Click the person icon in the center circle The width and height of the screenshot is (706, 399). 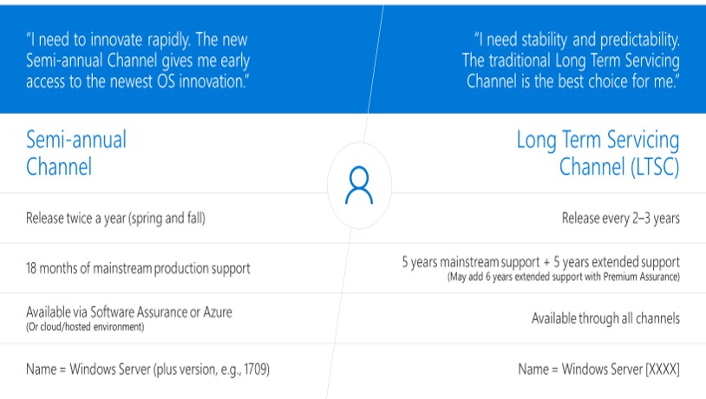point(359,185)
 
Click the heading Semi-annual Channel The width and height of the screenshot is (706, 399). point(76,154)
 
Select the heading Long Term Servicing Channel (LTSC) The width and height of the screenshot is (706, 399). point(598,154)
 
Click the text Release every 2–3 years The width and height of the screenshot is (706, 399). point(620,219)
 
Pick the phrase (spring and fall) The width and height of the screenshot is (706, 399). point(167,219)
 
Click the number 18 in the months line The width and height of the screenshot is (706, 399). point(31,268)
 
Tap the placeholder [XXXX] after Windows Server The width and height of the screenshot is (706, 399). point(663,370)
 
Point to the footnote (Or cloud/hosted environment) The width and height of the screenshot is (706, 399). point(85,327)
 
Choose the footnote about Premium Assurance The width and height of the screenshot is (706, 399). point(563,277)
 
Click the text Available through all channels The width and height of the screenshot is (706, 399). point(605,318)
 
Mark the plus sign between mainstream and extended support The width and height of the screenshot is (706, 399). point(546,263)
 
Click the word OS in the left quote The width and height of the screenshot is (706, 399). point(166,82)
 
